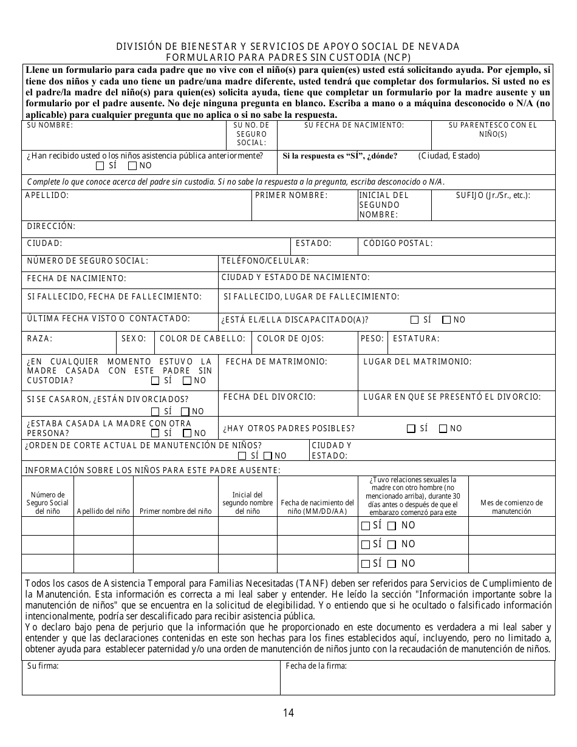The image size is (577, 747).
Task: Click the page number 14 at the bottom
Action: pos(288,713)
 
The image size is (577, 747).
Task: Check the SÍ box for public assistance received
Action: pos(100,166)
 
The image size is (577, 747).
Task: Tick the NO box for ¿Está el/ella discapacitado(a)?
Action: pos(446,320)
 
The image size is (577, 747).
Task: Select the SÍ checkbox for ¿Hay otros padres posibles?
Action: pos(411,429)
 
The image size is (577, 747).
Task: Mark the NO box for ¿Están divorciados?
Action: pos(185,411)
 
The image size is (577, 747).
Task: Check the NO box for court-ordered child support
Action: pos(268,455)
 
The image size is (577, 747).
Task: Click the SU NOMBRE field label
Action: pos(50,125)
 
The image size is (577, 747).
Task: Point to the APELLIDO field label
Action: pos(47,196)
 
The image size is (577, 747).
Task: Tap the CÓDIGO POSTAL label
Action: pos(398,244)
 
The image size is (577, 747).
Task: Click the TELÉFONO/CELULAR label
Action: pos(265,261)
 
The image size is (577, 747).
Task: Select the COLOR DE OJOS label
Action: pos(290,339)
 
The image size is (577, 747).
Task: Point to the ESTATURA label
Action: pos(416,339)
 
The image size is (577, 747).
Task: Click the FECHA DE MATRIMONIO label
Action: pos(276,362)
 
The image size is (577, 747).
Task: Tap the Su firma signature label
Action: pos(43,666)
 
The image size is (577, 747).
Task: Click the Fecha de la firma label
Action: pos(316,666)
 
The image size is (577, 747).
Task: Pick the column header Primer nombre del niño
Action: pos(176,511)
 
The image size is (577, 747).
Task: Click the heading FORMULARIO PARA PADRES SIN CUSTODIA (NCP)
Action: pos(288,58)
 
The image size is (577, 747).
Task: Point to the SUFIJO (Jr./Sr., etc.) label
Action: pos(493,196)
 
